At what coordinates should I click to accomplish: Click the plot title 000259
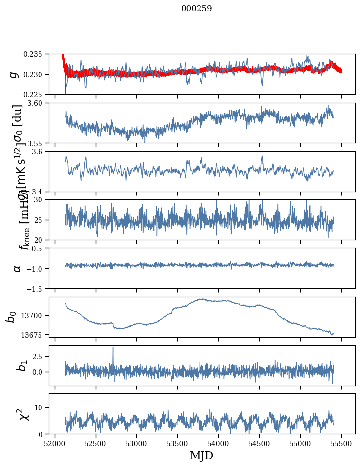click(x=197, y=9)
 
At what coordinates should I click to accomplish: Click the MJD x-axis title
click(x=201, y=456)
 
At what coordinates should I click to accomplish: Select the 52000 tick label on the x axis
click(x=55, y=443)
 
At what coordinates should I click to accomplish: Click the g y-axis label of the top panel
click(x=15, y=74)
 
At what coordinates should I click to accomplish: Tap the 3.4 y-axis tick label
click(x=40, y=192)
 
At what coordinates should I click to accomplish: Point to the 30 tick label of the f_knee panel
click(x=41, y=200)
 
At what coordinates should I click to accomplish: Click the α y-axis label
click(x=17, y=268)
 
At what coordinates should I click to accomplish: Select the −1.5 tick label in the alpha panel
click(x=36, y=288)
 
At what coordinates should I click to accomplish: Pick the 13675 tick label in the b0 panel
click(x=34, y=335)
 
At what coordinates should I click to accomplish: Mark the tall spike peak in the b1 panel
click(x=113, y=347)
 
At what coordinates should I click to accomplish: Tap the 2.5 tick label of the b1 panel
click(x=40, y=356)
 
